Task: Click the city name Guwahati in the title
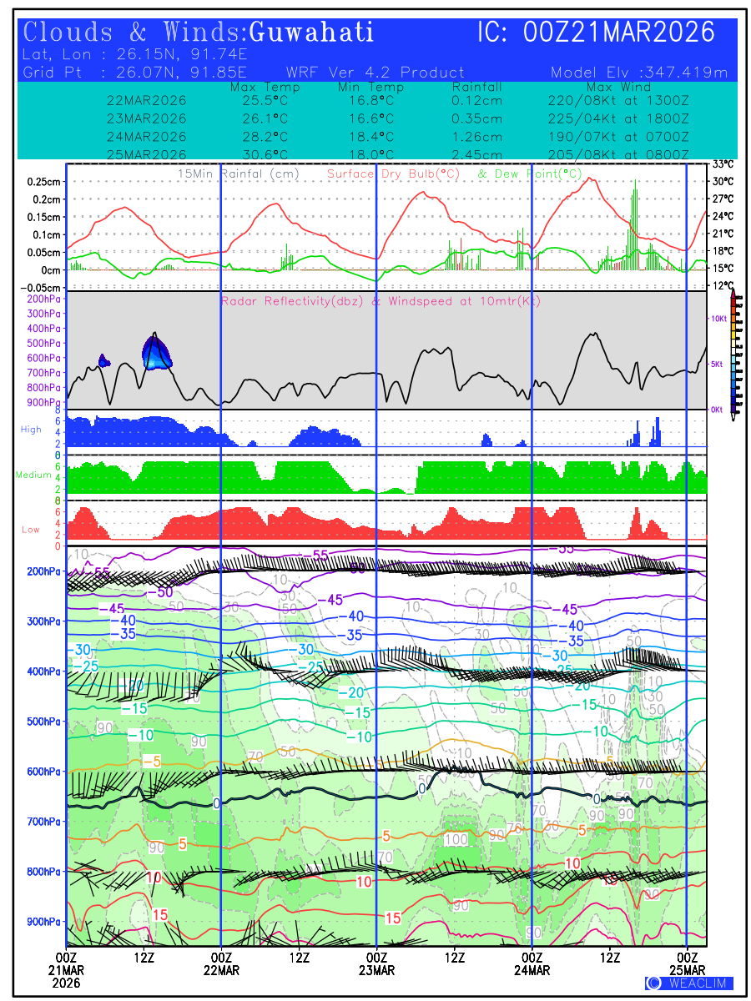[x=311, y=33]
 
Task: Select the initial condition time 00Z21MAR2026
[x=619, y=33]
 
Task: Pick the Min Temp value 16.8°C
[x=370, y=101]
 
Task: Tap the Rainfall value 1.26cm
[x=476, y=137]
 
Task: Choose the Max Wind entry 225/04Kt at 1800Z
[x=618, y=118]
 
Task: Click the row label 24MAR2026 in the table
[x=147, y=137]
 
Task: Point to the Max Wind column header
[x=618, y=87]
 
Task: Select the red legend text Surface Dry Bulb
[x=393, y=174]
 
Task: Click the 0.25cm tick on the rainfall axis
[x=43, y=181]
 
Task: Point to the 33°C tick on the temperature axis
[x=723, y=164]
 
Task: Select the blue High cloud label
[x=31, y=429]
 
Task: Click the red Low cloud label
[x=31, y=529]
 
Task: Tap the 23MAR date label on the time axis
[x=376, y=970]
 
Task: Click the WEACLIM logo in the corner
[x=689, y=983]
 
